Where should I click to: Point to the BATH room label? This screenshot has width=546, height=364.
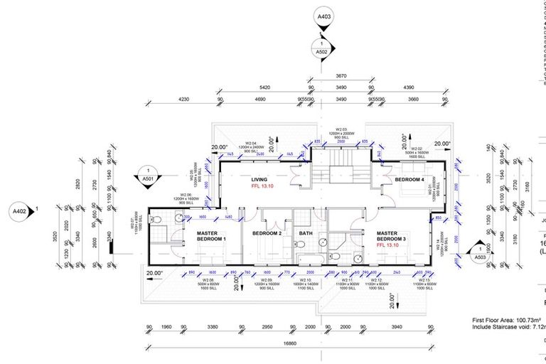click(x=306, y=233)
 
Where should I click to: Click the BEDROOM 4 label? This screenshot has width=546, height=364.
click(x=409, y=180)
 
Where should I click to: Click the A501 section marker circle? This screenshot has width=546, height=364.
click(x=148, y=174)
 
